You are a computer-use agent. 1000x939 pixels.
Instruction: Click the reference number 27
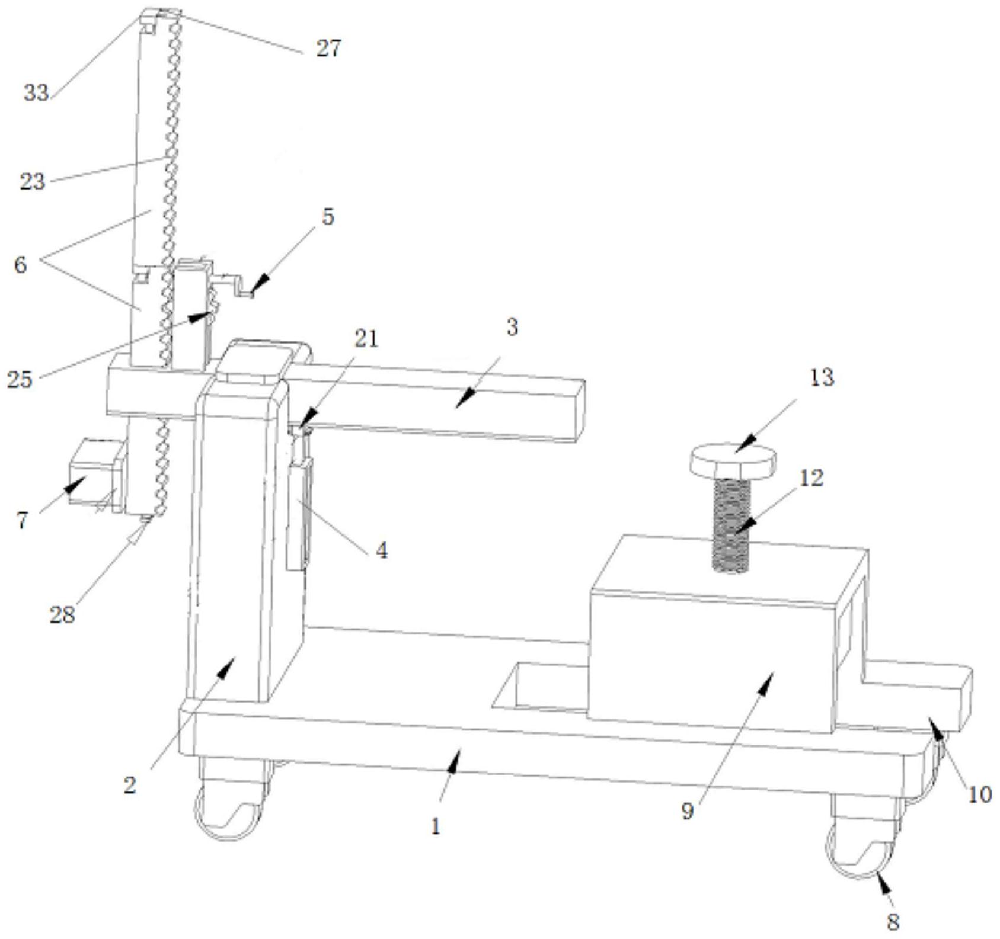[328, 49]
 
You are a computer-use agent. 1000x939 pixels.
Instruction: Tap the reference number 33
[36, 92]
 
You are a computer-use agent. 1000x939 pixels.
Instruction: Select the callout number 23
[32, 181]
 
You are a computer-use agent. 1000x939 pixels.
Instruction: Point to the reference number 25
[19, 379]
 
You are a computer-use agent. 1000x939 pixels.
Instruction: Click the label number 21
[366, 339]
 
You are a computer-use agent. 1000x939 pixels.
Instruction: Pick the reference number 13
[822, 377]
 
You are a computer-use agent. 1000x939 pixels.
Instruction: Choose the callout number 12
[811, 477]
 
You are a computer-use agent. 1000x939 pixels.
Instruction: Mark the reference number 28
[62, 615]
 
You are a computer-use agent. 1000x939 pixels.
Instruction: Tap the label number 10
[979, 794]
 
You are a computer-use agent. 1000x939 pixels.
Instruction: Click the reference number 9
[687, 811]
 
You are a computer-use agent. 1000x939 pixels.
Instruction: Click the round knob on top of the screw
[733, 459]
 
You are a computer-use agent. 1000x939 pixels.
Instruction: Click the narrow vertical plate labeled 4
[297, 515]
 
